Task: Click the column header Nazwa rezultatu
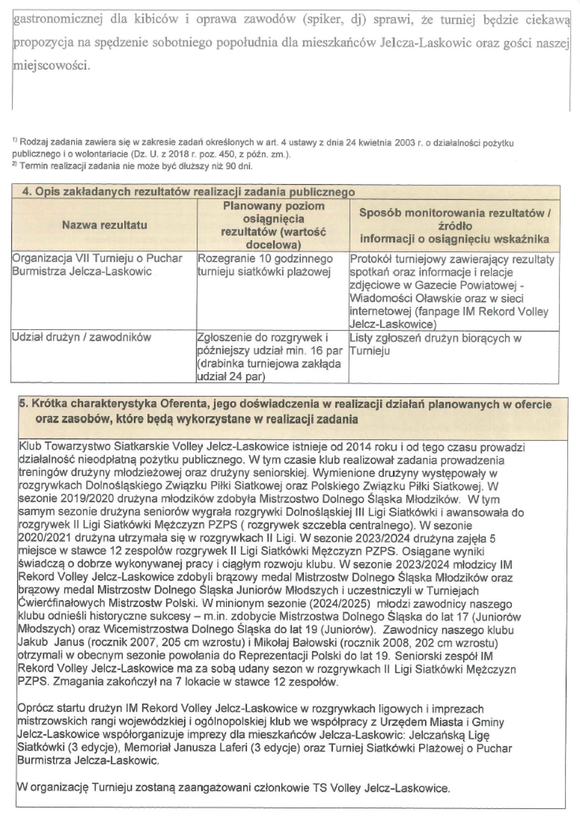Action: (x=104, y=225)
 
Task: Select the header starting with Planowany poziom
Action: (x=273, y=225)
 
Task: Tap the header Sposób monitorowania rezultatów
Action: (x=454, y=226)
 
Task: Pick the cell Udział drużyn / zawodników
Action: (x=81, y=337)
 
